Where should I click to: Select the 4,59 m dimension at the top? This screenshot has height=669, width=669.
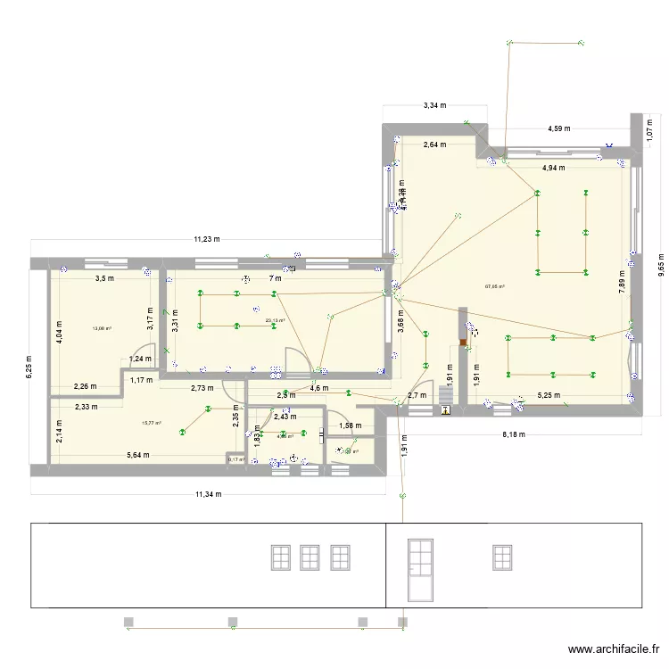click(x=559, y=128)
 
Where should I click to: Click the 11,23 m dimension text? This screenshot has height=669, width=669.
click(x=209, y=239)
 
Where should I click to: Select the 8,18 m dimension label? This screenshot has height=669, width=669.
click(x=514, y=434)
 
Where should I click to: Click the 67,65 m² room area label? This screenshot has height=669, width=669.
click(x=494, y=286)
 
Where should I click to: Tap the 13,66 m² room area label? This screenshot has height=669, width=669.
click(x=101, y=328)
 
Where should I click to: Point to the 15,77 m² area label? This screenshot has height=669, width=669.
click(x=152, y=423)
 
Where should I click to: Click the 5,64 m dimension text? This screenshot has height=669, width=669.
click(x=137, y=455)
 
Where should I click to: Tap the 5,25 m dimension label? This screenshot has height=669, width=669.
click(x=547, y=395)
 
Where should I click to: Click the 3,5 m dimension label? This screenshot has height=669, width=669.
click(x=104, y=278)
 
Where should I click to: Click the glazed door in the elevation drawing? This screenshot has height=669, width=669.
click(x=419, y=569)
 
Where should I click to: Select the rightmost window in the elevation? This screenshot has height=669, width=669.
click(x=503, y=557)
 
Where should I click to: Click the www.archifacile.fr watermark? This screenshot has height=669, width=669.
click(x=614, y=651)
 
